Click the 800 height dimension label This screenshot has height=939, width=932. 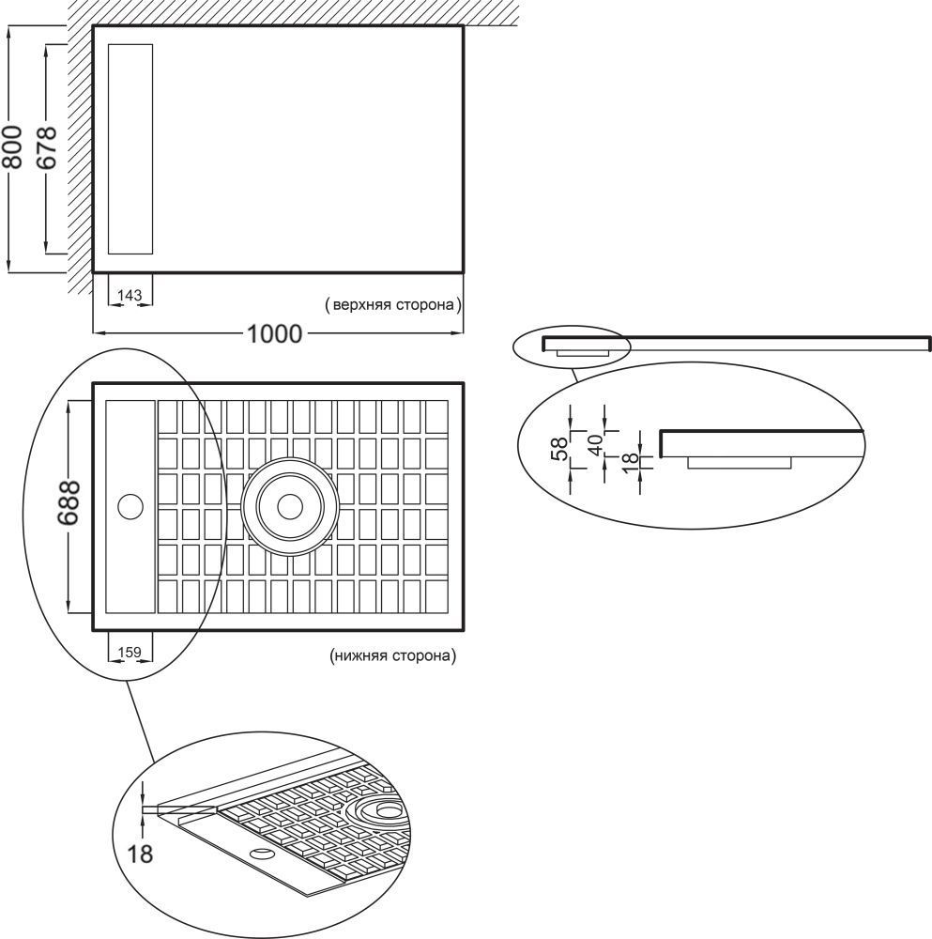pyautogui.click(x=13, y=149)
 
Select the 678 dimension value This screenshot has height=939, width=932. pyautogui.click(x=47, y=147)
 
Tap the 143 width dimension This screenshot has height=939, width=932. pyautogui.click(x=130, y=296)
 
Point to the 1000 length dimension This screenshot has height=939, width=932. pyautogui.click(x=275, y=333)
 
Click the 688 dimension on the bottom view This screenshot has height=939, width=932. pyautogui.click(x=69, y=506)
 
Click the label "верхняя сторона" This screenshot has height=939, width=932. pyautogui.click(x=392, y=305)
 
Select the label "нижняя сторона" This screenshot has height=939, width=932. pyautogui.click(x=393, y=656)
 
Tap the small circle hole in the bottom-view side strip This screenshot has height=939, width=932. pyautogui.click(x=130, y=507)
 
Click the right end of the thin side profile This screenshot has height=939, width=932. pyautogui.click(x=928, y=343)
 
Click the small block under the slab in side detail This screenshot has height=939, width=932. pyautogui.click(x=740, y=461)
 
